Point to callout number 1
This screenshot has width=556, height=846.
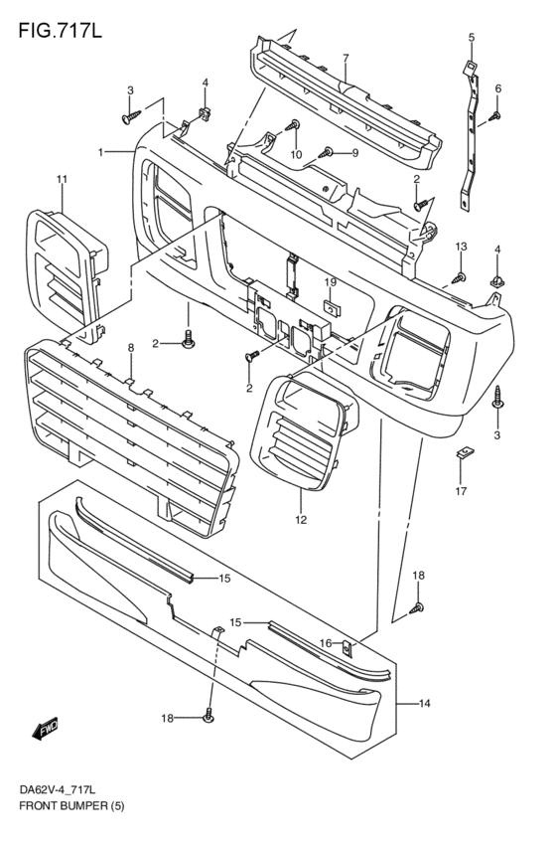(x=101, y=151)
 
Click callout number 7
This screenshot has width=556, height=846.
(x=346, y=59)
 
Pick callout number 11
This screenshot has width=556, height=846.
(x=62, y=179)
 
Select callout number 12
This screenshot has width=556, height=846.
(x=301, y=519)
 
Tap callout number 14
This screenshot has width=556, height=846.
(x=424, y=704)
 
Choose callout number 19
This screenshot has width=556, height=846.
(x=330, y=282)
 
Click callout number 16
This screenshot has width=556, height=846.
(x=325, y=644)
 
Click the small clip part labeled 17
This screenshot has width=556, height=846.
(x=462, y=456)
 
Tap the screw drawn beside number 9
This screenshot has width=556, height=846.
(x=327, y=153)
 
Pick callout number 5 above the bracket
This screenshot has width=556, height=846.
(x=472, y=38)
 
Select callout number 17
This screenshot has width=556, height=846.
(x=461, y=490)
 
